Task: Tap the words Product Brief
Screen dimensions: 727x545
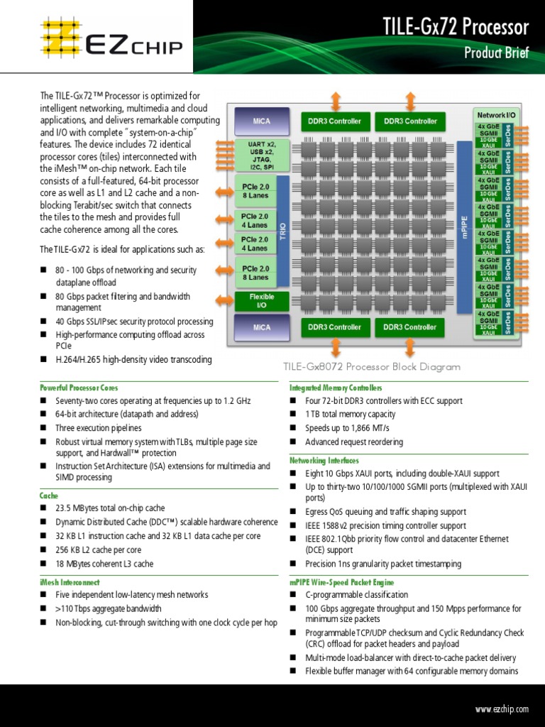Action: click(496, 53)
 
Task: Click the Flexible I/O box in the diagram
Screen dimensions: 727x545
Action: click(261, 301)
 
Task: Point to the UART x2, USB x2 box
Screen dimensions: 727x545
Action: click(261, 156)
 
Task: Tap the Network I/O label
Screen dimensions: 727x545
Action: click(496, 114)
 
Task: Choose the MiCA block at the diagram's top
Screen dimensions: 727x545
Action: click(261, 121)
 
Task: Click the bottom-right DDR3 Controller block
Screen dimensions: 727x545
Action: click(410, 327)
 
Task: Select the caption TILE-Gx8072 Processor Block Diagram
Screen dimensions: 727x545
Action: click(372, 367)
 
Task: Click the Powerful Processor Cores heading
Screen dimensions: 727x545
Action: click(79, 388)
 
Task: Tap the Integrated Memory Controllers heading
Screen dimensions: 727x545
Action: click(336, 388)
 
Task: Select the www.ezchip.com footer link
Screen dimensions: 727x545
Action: click(502, 709)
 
